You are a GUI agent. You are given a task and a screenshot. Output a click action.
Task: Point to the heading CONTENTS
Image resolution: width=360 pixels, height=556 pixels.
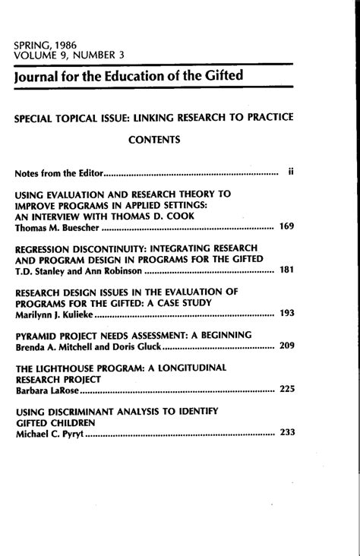tap(153, 140)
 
